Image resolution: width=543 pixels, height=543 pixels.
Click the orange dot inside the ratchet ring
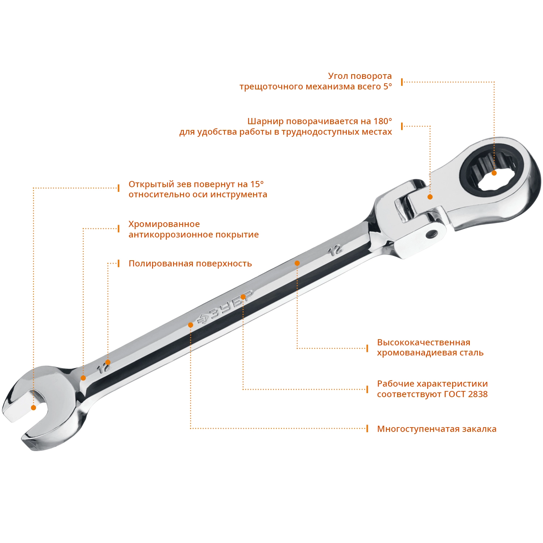494,173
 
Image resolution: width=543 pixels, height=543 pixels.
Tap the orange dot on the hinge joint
430,197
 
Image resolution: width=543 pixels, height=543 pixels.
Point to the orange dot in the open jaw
33,408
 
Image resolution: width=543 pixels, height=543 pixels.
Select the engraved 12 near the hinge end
335,250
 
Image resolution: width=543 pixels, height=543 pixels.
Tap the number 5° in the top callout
387,87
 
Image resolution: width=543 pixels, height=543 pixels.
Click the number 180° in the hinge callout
383,121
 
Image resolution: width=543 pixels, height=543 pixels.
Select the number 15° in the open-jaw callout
257,184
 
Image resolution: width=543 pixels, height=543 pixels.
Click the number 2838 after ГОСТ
477,394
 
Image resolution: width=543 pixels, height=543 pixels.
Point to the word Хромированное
164,224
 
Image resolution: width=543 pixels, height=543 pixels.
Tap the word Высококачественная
424,342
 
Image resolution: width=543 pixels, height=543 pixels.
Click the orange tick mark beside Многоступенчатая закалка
367,429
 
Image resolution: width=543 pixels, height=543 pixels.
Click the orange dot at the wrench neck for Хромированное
83,378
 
